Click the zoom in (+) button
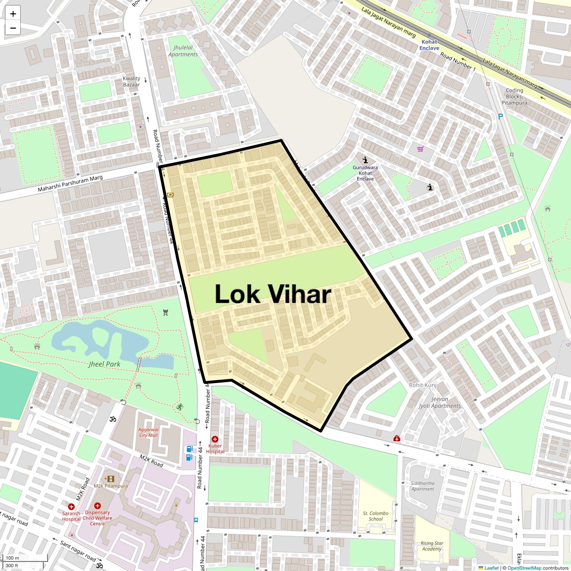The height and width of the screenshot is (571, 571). pos(13,14)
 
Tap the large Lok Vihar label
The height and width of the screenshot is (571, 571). pos(273,294)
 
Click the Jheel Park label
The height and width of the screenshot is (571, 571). pos(104,364)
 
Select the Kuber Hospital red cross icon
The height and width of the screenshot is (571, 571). pos(215,439)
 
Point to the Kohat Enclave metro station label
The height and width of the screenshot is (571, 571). pos(429,45)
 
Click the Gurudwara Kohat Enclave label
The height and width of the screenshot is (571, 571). pos(365,173)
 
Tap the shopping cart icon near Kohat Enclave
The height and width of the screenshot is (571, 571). pos(420,149)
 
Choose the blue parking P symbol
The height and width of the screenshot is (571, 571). pos(500,116)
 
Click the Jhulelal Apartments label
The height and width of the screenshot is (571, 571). pos(183,51)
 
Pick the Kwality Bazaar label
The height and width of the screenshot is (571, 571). pos(131,81)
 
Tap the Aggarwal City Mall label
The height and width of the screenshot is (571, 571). pos(148,432)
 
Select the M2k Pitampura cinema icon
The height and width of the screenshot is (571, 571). pos(111,479)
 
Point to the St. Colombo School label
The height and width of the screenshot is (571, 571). pos(375,516)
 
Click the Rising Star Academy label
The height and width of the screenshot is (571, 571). pos(432,546)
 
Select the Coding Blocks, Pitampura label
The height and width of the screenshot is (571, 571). pos(514,96)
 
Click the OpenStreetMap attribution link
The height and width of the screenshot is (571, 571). pos(524,568)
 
